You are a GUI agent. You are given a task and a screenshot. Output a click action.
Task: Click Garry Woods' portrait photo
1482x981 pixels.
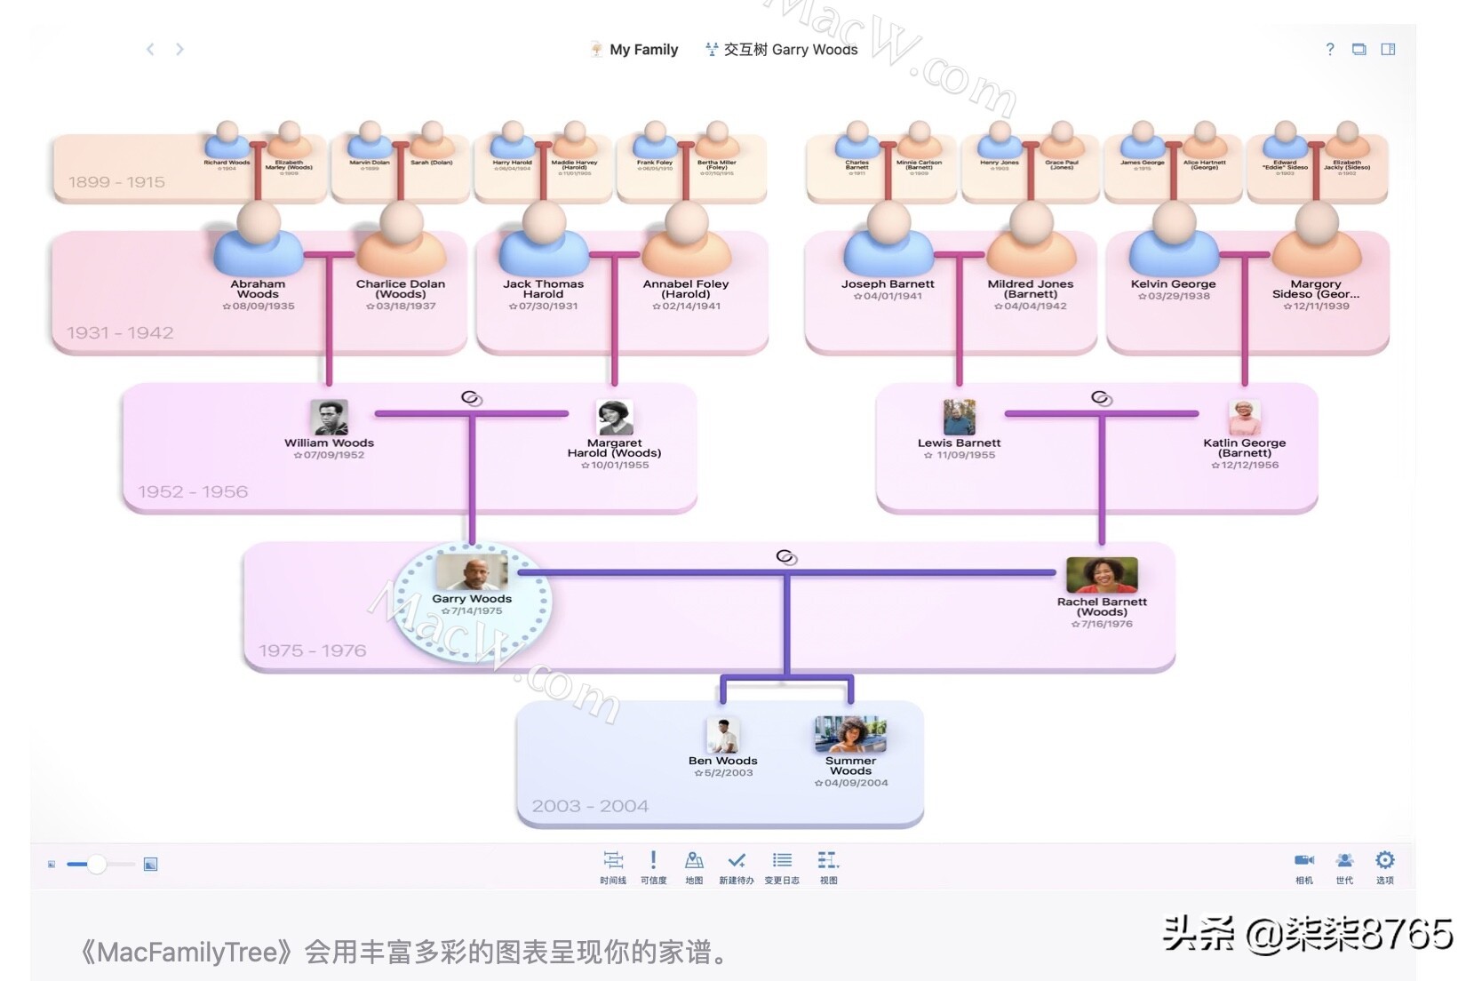tap(472, 573)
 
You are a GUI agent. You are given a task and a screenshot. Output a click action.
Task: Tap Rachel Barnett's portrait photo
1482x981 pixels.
tap(1102, 576)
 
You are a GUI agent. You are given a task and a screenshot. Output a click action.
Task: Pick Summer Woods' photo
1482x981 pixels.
tap(850, 735)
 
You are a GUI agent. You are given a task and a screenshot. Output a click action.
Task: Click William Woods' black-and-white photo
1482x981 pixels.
tap(329, 418)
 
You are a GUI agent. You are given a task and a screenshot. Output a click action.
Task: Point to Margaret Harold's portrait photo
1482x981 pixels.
tap(615, 418)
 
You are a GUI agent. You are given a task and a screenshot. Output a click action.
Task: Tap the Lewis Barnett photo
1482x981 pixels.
tap(959, 418)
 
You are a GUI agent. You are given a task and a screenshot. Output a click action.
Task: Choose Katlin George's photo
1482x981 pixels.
tap(1245, 418)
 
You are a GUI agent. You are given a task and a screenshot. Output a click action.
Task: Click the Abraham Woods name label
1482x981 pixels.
tap(258, 289)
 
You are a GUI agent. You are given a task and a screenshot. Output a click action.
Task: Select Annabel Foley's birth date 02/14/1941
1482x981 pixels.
tap(687, 307)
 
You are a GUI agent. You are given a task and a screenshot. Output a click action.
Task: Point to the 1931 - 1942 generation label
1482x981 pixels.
tap(120, 333)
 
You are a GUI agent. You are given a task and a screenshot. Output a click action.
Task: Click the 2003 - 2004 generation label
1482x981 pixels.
tap(590, 806)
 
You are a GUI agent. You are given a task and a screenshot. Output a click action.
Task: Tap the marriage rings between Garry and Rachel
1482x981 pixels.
tap(786, 557)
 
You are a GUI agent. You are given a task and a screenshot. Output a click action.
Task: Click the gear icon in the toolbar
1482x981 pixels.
tap(1384, 860)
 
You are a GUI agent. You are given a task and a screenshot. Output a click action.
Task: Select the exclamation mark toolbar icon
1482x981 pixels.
tap(653, 860)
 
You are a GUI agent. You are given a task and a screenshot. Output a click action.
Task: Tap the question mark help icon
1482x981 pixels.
tap(1329, 50)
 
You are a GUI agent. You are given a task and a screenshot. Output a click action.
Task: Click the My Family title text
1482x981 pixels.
tap(643, 50)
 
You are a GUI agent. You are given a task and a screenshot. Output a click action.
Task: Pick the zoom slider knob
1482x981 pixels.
tap(97, 864)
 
